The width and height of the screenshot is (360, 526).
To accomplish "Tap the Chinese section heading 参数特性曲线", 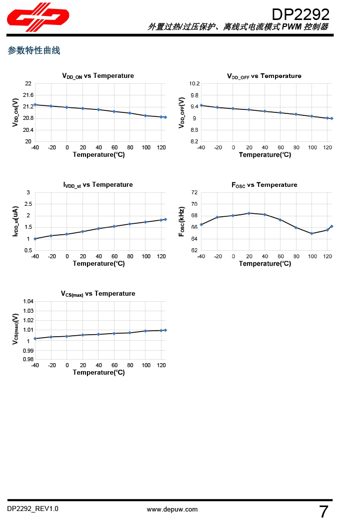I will tap(34, 50).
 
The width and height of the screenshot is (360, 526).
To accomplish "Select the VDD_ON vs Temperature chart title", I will tap(98, 76).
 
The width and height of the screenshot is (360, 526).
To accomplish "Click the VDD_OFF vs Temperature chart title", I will tap(264, 76).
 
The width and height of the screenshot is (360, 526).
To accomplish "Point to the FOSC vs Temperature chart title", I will tap(264, 185).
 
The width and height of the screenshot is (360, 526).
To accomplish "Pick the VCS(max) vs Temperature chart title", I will tap(98, 294).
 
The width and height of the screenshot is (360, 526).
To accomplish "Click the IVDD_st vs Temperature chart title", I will tap(98, 185).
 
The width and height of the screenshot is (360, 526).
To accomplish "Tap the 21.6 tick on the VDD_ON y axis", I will tap(28, 95).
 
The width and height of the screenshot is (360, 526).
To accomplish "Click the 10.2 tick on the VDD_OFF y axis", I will tap(194, 83).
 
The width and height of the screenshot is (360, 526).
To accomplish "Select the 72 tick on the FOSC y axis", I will tap(194, 192).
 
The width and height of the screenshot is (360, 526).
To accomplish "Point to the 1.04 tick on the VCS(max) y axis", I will tap(28, 301).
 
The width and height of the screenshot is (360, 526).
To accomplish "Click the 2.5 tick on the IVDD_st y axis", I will tap(28, 204).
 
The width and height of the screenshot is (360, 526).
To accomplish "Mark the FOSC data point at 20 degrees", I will tap(249, 213).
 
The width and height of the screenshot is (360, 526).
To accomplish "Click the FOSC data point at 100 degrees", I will tap(311, 233).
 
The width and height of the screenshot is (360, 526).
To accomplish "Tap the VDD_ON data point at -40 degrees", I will tap(35, 105).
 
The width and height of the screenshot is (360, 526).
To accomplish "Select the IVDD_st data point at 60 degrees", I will tap(114, 226).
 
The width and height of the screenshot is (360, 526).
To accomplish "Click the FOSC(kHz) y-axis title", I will tap(182, 221).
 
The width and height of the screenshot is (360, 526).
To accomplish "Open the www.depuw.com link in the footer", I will tap(172, 510).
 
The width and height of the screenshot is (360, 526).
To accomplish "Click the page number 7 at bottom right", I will tap(323, 512).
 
